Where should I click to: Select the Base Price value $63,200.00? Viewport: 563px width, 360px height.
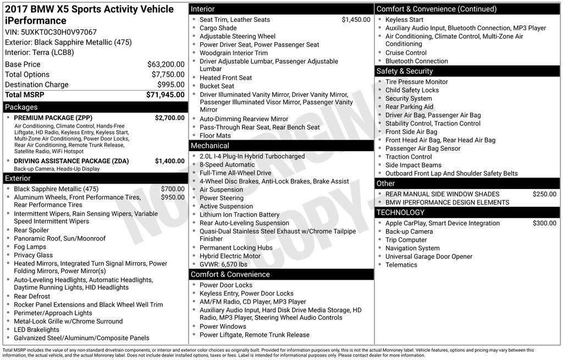click(x=166, y=64)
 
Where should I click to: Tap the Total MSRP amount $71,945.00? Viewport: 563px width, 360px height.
click(x=165, y=95)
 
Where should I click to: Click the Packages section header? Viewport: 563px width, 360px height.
click(x=21, y=107)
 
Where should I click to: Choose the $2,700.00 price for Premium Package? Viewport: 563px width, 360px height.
click(x=169, y=118)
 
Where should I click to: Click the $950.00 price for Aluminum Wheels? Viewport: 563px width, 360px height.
click(x=173, y=197)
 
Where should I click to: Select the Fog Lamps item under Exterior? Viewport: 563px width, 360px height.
click(x=30, y=247)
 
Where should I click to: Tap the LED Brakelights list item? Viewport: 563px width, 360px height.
click(x=36, y=330)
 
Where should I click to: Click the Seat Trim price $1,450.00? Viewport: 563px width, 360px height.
click(x=356, y=20)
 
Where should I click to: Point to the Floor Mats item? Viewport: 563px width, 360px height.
click(x=215, y=136)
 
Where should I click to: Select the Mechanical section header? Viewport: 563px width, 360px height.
click(x=209, y=146)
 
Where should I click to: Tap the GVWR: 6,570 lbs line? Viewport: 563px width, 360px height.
click(x=223, y=264)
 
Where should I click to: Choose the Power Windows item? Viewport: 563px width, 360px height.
click(x=223, y=326)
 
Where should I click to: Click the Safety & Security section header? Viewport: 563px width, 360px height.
click(x=405, y=71)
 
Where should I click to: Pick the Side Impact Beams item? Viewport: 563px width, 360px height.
click(x=413, y=165)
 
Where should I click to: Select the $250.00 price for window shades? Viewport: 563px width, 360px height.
click(x=544, y=194)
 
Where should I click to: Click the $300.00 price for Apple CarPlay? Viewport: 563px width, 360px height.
click(x=544, y=223)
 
